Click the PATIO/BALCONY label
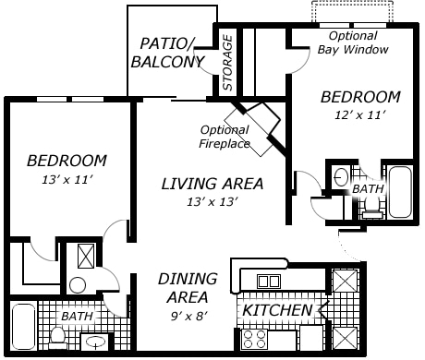click(x=173, y=53)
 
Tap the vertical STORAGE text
click(x=227, y=63)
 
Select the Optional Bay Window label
click(x=352, y=42)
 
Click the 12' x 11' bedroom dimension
click(x=359, y=115)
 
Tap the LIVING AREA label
click(x=212, y=183)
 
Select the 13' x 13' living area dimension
click(x=212, y=201)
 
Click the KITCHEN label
click(x=277, y=310)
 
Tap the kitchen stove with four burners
click(x=255, y=338)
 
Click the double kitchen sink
click(x=269, y=281)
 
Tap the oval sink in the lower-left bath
click(x=95, y=343)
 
